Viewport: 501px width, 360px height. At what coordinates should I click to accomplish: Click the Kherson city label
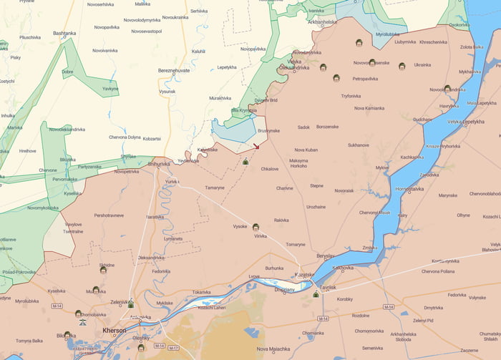(x=115, y=331)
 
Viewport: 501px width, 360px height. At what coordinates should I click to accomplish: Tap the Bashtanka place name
(x=64, y=33)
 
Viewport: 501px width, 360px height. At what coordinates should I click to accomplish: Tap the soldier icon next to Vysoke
(x=256, y=227)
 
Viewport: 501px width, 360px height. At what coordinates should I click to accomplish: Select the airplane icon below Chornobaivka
(x=82, y=322)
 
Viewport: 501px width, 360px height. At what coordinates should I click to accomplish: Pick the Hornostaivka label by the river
(x=410, y=189)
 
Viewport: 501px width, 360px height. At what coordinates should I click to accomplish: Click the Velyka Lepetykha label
(x=466, y=122)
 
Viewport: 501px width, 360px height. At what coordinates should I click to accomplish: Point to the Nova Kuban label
(x=306, y=150)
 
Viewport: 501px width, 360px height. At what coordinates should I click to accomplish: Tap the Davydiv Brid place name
(x=266, y=100)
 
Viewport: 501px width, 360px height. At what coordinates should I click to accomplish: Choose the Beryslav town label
(x=326, y=256)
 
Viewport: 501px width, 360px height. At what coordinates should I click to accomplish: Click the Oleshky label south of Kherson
(x=141, y=338)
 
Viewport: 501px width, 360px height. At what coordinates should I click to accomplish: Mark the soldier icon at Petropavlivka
(x=336, y=78)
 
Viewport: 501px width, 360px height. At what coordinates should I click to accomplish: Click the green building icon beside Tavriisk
(x=316, y=293)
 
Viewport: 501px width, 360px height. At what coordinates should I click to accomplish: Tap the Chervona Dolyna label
(x=125, y=137)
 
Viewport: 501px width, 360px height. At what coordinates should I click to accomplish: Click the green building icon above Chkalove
(x=245, y=162)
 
